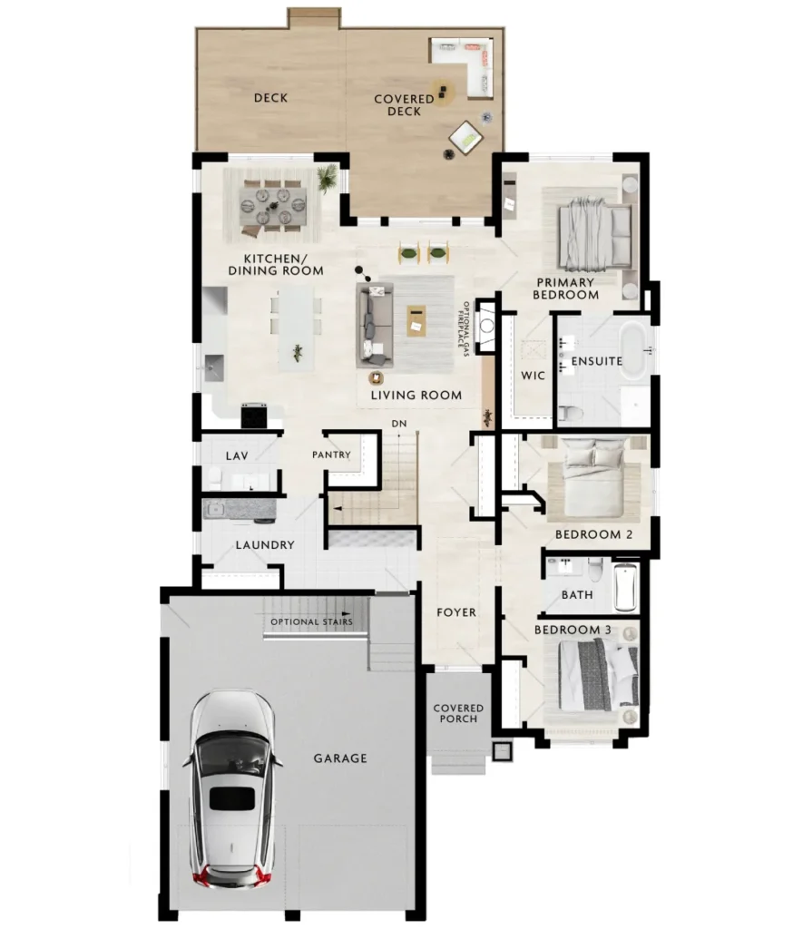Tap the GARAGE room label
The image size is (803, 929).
tap(340, 758)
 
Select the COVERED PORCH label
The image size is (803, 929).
tap(458, 713)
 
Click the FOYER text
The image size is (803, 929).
tap(456, 612)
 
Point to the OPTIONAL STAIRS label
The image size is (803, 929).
tap(312, 621)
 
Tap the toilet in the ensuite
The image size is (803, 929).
tap(570, 413)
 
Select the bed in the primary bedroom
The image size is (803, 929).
tap(594, 234)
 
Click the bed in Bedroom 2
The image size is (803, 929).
tap(593, 477)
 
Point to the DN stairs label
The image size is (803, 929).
tap(399, 424)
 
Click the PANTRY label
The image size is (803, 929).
tap(331, 455)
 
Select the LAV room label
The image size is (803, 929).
tap(237, 455)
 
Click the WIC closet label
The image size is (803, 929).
tap(533, 375)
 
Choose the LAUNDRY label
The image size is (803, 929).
tap(265, 544)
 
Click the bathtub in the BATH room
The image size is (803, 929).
tap(626, 586)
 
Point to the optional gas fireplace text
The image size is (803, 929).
tap(463, 328)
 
